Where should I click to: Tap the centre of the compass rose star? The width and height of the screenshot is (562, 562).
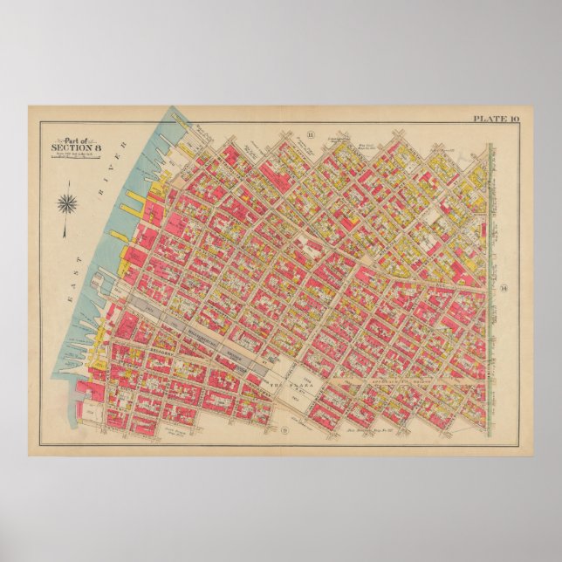tap(67, 206)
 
